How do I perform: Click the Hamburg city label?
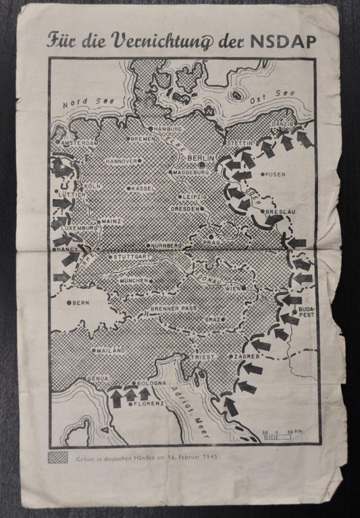pyautogui.click(x=168, y=128)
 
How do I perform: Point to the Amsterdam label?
pyautogui.click(x=79, y=144)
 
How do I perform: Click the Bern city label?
pyautogui.click(x=80, y=303)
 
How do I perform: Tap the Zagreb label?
pyautogui.click(x=245, y=356)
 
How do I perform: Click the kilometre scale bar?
pyautogui.click(x=284, y=436)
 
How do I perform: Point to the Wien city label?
pyautogui.click(x=233, y=288)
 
